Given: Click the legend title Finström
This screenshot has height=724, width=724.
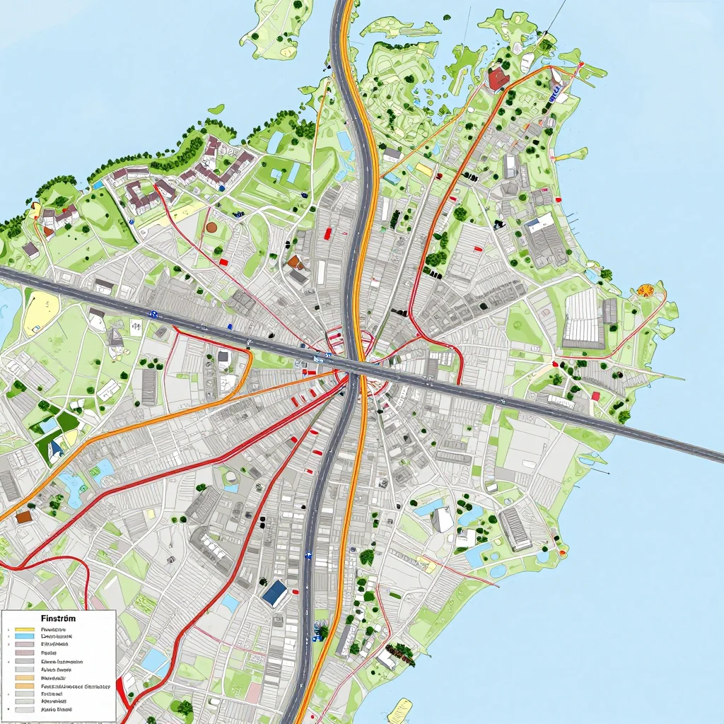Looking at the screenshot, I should tap(59, 618).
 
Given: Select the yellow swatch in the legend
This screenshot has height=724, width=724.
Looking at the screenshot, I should tap(24, 629).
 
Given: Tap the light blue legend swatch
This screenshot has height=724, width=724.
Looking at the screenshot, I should tap(24, 636).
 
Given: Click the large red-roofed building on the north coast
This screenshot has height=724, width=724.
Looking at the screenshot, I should tap(498, 78).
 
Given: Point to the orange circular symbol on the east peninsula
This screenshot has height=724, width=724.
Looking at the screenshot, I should tap(645, 290).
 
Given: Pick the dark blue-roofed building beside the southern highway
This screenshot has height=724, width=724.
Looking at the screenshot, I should tap(274, 592).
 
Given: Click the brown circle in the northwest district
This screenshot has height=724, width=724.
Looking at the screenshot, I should tap(211, 227).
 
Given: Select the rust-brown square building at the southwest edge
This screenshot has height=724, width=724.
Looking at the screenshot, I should tap(24, 517).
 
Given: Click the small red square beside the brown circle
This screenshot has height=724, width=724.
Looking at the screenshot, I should tap(223, 262).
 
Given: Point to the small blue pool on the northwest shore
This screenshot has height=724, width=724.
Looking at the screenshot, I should tap(275, 142).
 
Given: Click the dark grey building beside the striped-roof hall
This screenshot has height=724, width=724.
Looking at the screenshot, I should tap(610, 310).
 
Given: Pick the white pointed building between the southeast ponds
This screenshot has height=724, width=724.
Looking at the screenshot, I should tap(443, 519).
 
